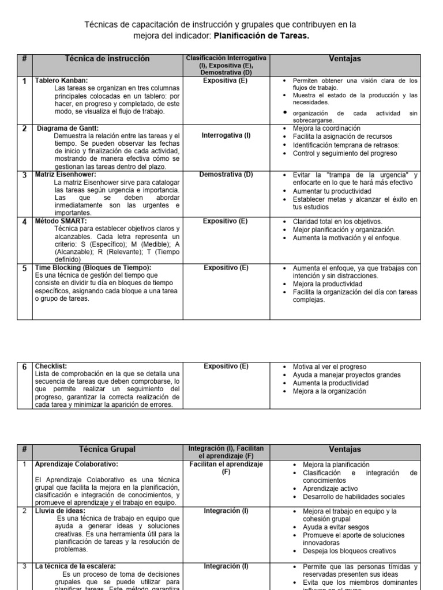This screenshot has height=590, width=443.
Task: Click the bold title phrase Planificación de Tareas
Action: pyautogui.click(x=261, y=36)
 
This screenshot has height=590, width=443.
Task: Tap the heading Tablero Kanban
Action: pyautogui.click(x=62, y=81)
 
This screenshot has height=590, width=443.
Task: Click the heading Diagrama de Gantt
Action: pyautogui.click(x=68, y=128)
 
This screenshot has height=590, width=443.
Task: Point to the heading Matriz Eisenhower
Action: pyautogui.click(x=66, y=175)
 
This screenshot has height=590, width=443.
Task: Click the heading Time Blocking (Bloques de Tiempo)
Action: pyautogui.click(x=93, y=268)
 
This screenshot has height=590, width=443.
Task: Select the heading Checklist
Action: pyautogui.click(x=51, y=366)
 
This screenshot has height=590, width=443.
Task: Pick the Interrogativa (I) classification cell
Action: pyautogui.click(x=226, y=136)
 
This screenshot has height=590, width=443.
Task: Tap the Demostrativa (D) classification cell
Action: pyautogui.click(x=226, y=175)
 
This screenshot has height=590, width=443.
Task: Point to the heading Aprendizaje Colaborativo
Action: pyautogui.click(x=77, y=464)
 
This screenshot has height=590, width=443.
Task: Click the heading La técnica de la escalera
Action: pyautogui.click(x=76, y=567)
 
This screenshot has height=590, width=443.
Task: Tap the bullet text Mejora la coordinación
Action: pyautogui.click(x=326, y=128)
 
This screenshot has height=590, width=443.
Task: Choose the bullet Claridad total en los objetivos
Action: pyautogui.click(x=337, y=221)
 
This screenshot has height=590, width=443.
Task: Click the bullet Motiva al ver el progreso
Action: pyautogui.click(x=329, y=366)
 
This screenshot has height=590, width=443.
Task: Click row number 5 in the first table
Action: pyautogui.click(x=25, y=268)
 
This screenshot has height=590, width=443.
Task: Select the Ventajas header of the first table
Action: pyautogui.click(x=345, y=59)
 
